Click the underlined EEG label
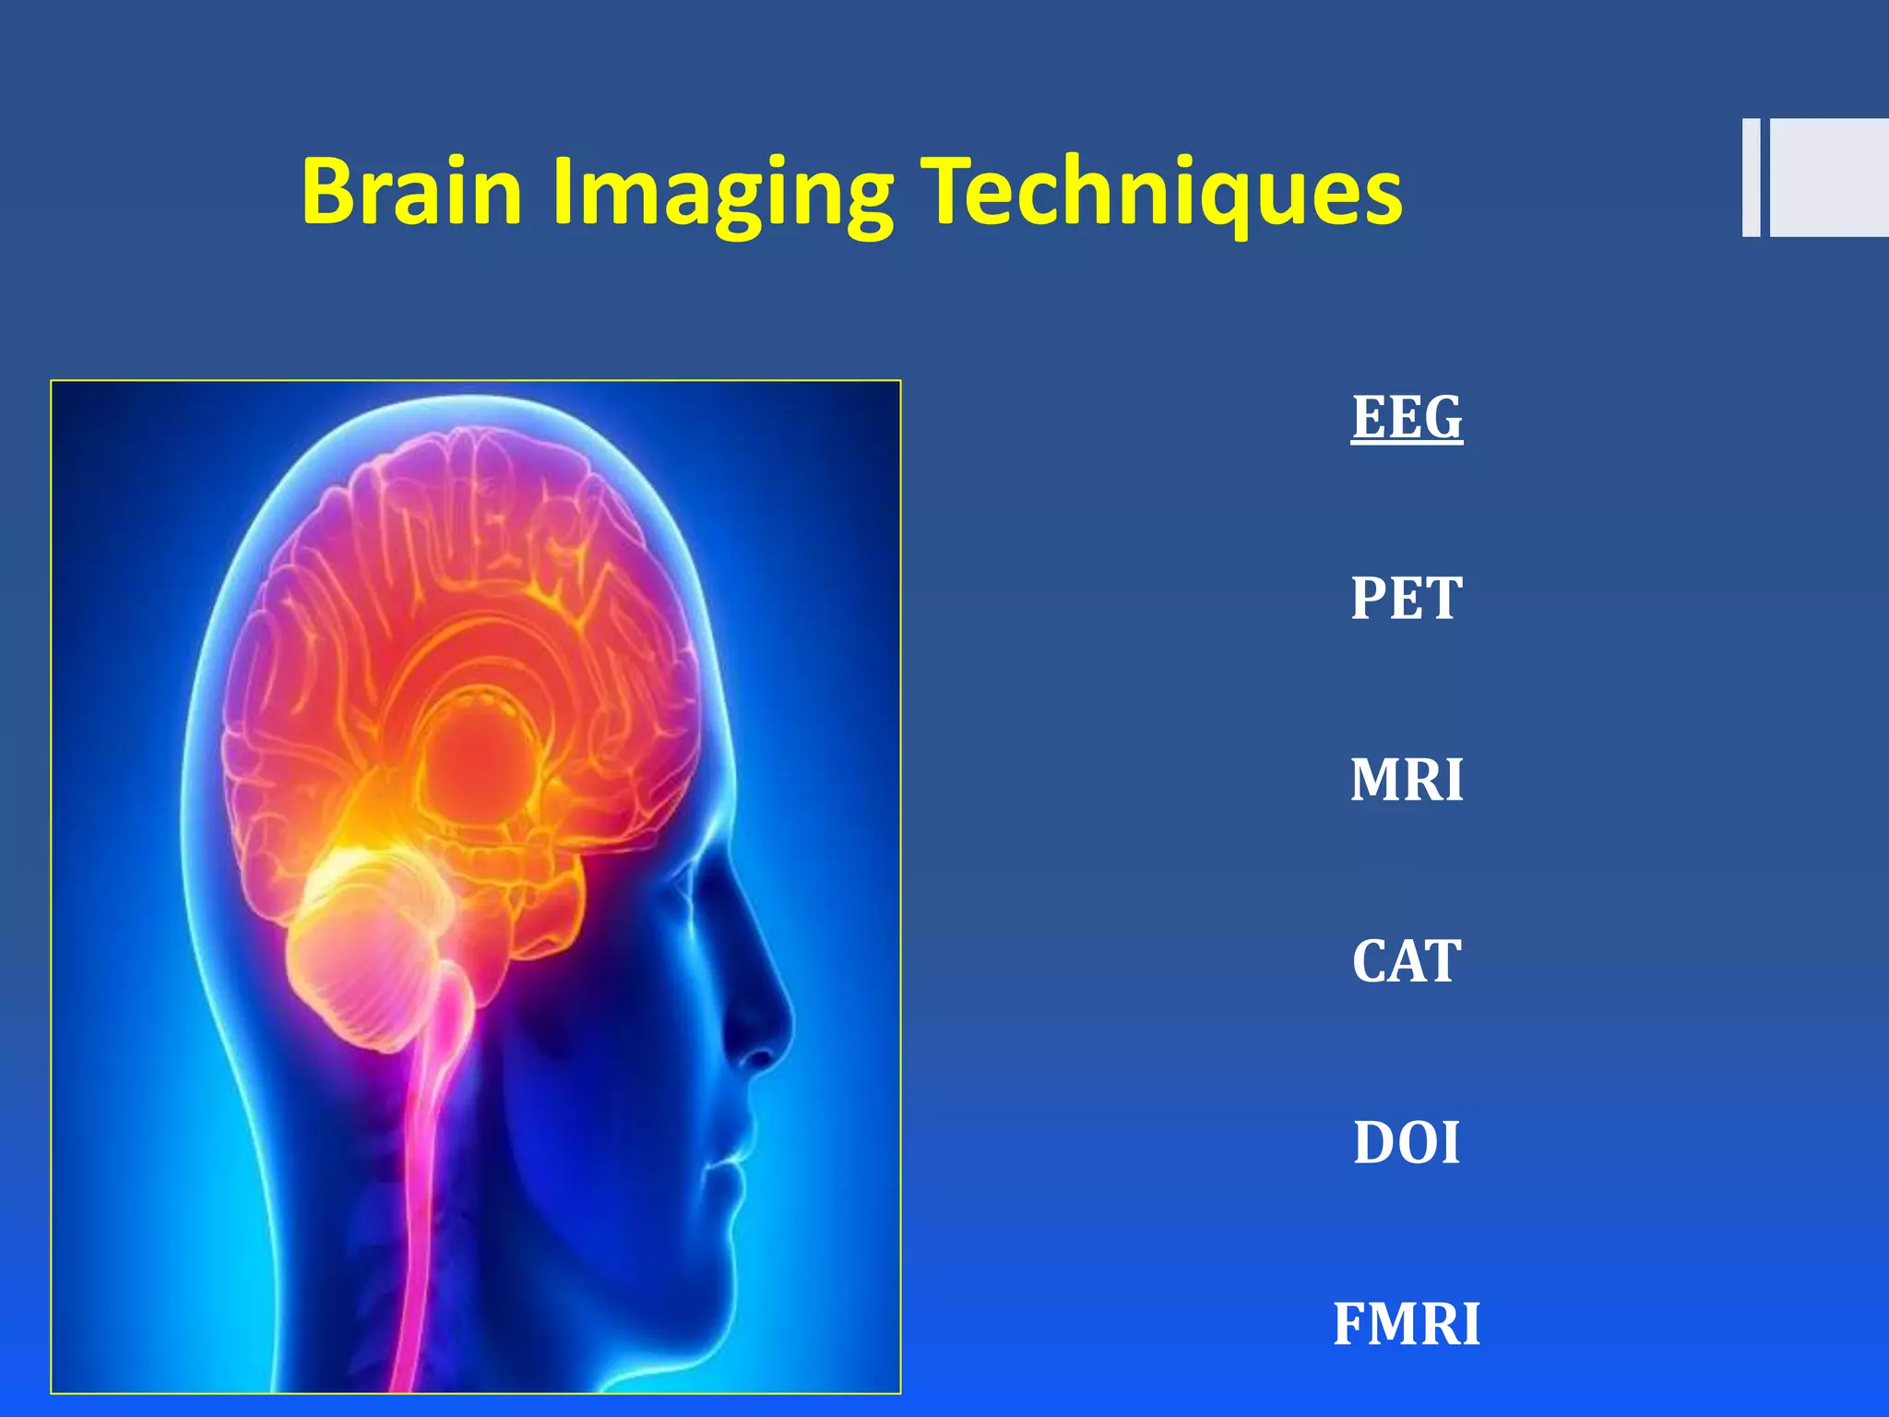(1407, 417)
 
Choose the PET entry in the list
(1407, 599)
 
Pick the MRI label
(1407, 780)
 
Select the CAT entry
(1407, 961)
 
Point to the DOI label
(1407, 1143)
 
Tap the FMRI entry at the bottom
(1407, 1325)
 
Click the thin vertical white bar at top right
(1751, 178)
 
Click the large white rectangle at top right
(1829, 178)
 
